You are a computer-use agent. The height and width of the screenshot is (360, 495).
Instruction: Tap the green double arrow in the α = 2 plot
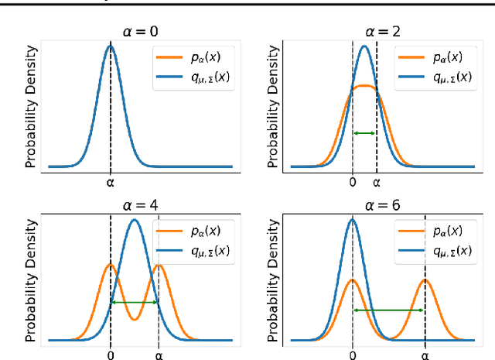coord(364,133)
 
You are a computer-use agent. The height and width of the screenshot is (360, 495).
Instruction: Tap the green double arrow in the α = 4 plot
coord(135,302)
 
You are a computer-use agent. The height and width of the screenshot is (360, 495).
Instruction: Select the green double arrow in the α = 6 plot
coord(388,310)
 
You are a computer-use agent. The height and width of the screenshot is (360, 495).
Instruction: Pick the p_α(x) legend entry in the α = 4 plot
coord(189,231)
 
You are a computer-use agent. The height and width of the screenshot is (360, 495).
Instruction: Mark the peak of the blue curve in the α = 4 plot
coord(135,220)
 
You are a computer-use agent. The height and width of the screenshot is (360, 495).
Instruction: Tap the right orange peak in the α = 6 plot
coord(425,279)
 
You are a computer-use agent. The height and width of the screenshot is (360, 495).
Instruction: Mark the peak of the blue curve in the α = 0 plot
coord(110,46)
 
